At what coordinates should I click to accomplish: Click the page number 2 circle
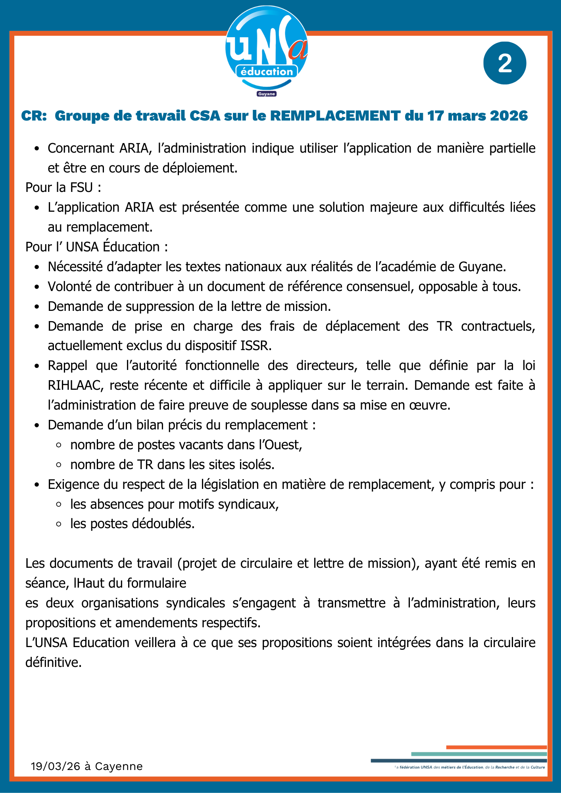click(x=505, y=63)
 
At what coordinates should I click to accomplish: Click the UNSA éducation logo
click(x=267, y=50)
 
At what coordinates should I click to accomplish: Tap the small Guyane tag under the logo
click(x=267, y=94)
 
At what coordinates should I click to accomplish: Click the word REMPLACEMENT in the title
click(x=335, y=116)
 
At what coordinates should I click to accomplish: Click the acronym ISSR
click(x=256, y=346)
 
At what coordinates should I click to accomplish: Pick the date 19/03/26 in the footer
click(x=55, y=766)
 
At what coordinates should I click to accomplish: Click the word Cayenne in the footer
click(x=119, y=766)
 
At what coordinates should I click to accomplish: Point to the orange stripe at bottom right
click(x=496, y=747)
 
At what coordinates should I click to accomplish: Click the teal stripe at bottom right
click(x=478, y=754)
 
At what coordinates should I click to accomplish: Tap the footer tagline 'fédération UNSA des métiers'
click(x=436, y=767)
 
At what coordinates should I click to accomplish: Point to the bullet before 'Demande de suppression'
click(x=37, y=307)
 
